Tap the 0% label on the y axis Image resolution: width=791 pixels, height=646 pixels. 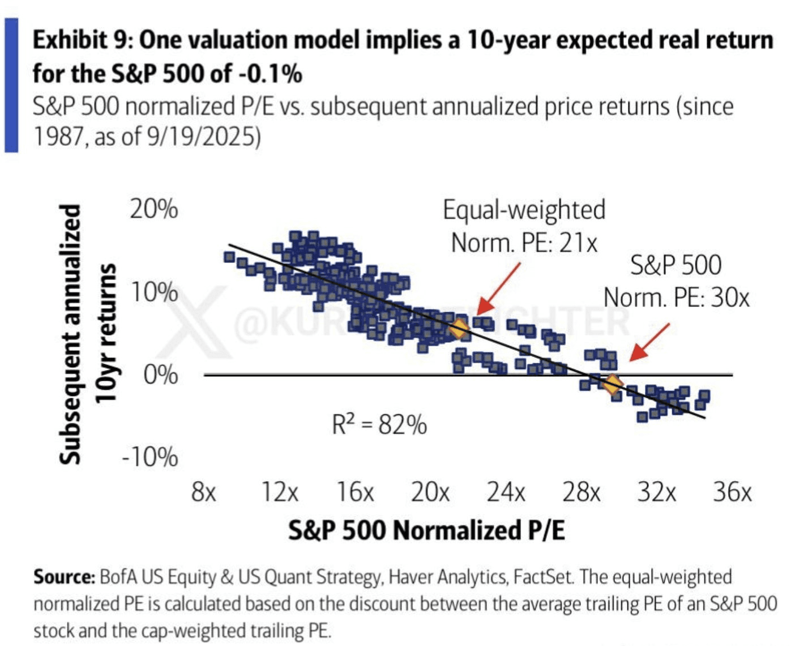tap(160, 375)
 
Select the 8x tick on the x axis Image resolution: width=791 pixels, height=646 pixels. tap(204, 492)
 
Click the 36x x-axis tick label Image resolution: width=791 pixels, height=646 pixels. tap(732, 492)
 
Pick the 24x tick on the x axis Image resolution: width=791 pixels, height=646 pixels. tap(506, 492)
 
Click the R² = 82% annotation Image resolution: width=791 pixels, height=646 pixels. tap(379, 424)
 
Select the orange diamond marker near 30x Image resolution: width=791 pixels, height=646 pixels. tap(613, 384)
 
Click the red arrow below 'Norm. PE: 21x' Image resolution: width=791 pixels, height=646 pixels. tap(498, 288)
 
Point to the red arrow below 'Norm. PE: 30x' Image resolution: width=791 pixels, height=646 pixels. tap(649, 342)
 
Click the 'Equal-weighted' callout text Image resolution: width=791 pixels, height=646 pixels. tap(524, 210)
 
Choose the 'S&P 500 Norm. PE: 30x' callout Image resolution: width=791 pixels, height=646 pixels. tap(676, 282)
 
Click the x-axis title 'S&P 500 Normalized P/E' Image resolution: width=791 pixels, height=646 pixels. tap(426, 530)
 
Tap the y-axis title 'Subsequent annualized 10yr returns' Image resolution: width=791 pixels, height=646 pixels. tap(88, 334)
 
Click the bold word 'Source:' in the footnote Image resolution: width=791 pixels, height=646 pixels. tap(64, 577)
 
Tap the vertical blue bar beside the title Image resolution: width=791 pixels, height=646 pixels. tap(11, 85)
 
